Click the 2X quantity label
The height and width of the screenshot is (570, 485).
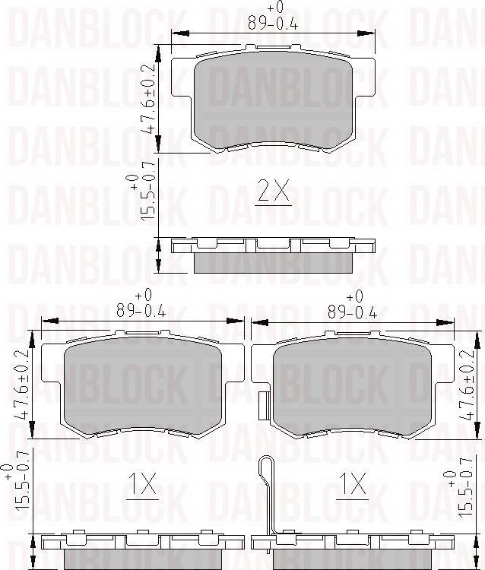[274, 194]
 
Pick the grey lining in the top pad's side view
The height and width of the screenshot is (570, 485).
[274, 261]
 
